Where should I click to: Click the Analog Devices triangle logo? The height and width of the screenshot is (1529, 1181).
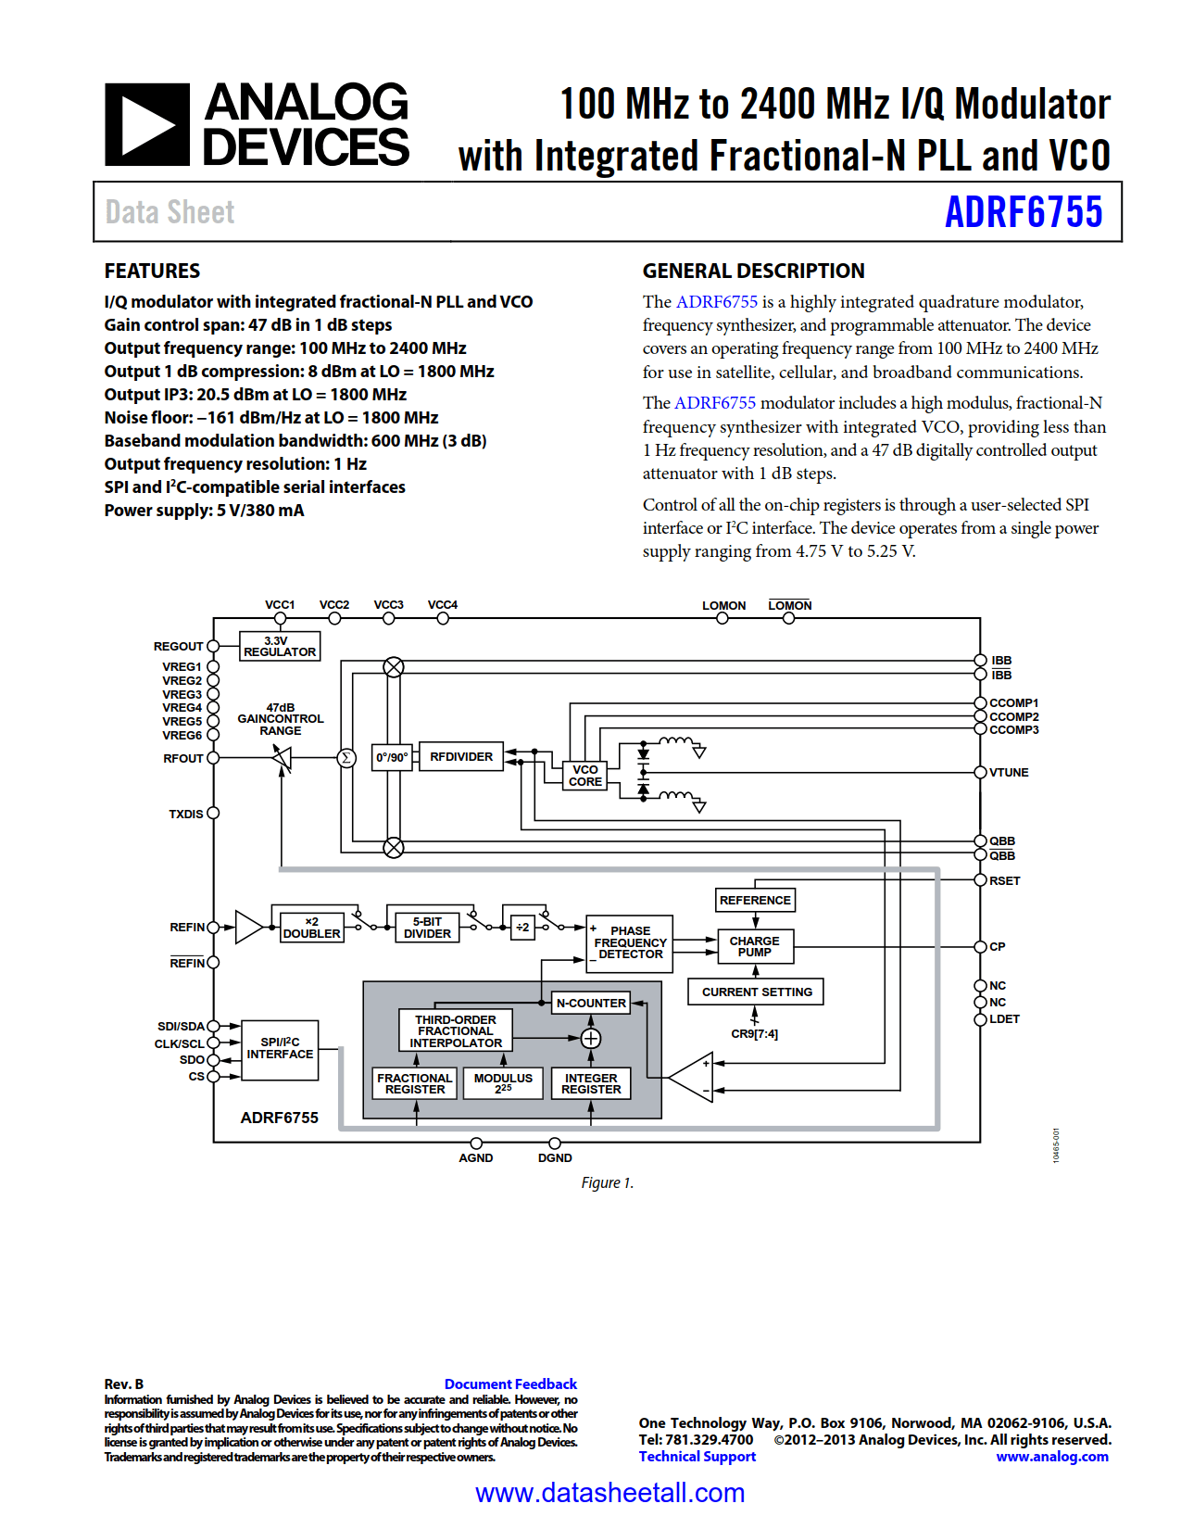pyautogui.click(x=147, y=125)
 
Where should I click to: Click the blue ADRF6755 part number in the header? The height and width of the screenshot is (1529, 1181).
pyautogui.click(x=1023, y=212)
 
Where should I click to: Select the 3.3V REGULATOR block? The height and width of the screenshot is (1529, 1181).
pyautogui.click(x=280, y=646)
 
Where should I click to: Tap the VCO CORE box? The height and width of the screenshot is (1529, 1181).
pyautogui.click(x=584, y=776)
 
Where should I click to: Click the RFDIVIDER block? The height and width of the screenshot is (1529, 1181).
pyautogui.click(x=460, y=757)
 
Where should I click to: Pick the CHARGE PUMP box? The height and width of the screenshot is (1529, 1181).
pyautogui.click(x=754, y=946)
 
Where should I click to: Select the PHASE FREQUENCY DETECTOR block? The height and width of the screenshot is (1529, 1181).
pyautogui.click(x=630, y=942)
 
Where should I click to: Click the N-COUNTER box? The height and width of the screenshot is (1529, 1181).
pyautogui.click(x=591, y=1003)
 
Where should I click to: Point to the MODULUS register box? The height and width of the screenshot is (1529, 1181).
pyautogui.click(x=503, y=1083)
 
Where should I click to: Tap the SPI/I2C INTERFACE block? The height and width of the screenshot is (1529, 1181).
pyautogui.click(x=280, y=1049)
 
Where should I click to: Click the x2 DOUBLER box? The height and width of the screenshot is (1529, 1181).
pyautogui.click(x=311, y=928)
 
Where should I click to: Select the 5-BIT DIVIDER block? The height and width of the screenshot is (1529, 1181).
pyautogui.click(x=427, y=928)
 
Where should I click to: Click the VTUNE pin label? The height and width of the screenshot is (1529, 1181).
pyautogui.click(x=1009, y=772)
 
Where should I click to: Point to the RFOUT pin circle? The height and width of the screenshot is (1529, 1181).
pyautogui.click(x=213, y=758)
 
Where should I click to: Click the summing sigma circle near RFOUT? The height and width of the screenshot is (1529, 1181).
pyautogui.click(x=346, y=758)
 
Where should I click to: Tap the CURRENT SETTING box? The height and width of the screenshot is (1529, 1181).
pyautogui.click(x=756, y=992)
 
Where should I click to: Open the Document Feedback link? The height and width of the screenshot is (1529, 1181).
pyautogui.click(x=510, y=1384)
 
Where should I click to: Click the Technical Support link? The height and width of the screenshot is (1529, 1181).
pyautogui.click(x=697, y=1457)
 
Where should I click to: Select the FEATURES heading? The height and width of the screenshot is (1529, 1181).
pyautogui.click(x=152, y=271)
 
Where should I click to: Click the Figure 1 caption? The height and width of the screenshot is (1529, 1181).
pyautogui.click(x=607, y=1182)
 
